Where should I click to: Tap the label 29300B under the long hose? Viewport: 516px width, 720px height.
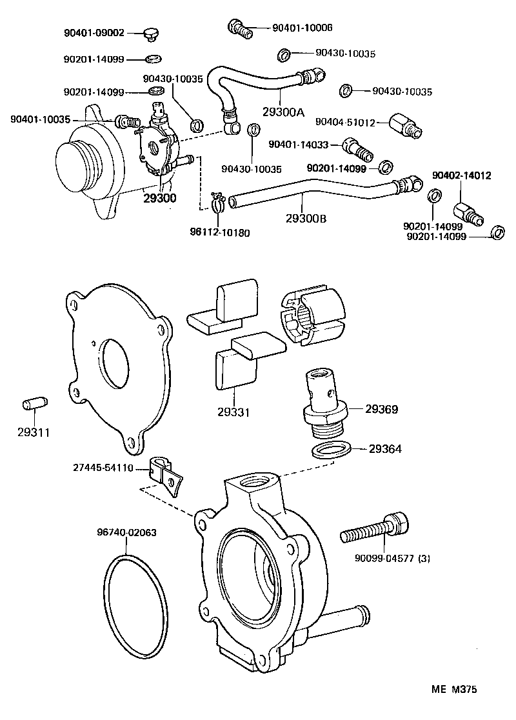click(x=306, y=218)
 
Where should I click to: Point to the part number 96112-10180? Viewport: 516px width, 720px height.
click(x=220, y=232)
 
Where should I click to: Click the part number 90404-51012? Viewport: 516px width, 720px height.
click(x=344, y=121)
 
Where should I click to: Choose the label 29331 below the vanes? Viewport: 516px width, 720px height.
click(x=234, y=412)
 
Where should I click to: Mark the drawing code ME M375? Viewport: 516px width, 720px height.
click(x=453, y=690)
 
